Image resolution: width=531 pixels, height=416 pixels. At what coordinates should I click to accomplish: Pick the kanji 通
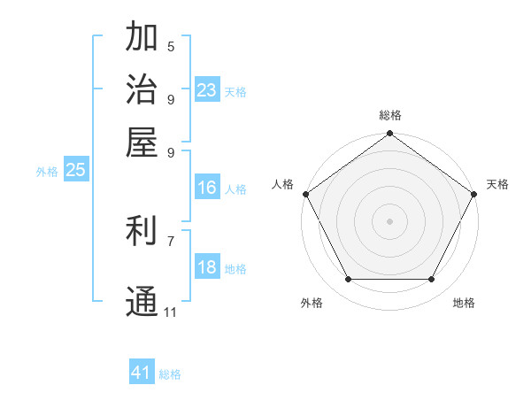point(142,302)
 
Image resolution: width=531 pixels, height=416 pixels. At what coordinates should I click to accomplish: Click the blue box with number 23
point(207,90)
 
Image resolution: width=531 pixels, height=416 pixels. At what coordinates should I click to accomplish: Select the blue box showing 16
point(207,188)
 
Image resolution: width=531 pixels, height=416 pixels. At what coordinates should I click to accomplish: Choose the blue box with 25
point(75,170)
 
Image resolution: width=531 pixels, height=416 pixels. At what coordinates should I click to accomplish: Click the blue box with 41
point(142,373)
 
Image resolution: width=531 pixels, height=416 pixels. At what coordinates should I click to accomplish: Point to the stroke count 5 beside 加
point(171,46)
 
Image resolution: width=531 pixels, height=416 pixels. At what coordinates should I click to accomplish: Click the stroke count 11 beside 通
point(171,312)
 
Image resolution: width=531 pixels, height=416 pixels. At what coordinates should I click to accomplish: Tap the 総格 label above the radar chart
point(389,115)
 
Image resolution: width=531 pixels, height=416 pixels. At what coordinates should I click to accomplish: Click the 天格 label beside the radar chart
point(497,184)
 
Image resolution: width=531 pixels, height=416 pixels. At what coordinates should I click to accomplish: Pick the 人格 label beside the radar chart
point(283,184)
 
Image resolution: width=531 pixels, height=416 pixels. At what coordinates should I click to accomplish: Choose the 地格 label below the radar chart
point(464,303)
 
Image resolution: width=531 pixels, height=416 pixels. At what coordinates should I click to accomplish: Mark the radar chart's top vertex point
point(389,134)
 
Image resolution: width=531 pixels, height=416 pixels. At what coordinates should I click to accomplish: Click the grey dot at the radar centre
point(389,220)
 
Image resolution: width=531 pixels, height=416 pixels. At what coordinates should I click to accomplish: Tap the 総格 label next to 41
point(170,374)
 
